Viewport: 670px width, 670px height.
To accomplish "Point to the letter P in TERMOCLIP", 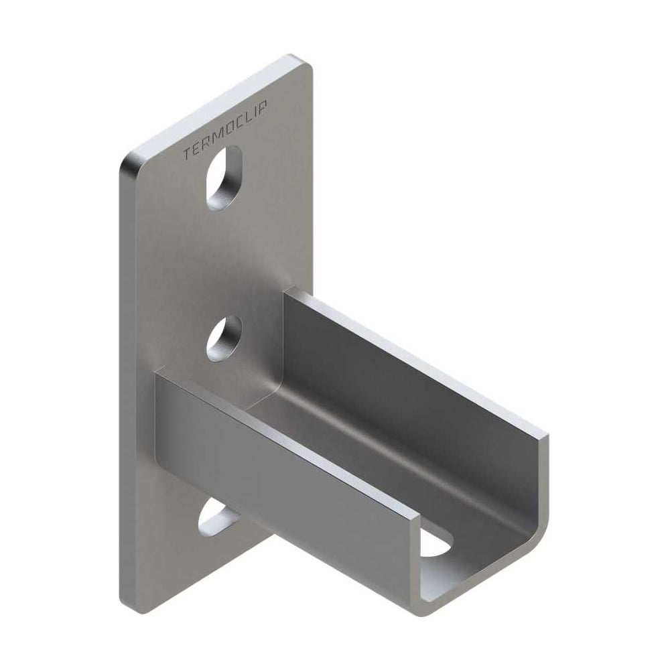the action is click(263, 106).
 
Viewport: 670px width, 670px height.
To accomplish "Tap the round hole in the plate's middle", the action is click(224, 338).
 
